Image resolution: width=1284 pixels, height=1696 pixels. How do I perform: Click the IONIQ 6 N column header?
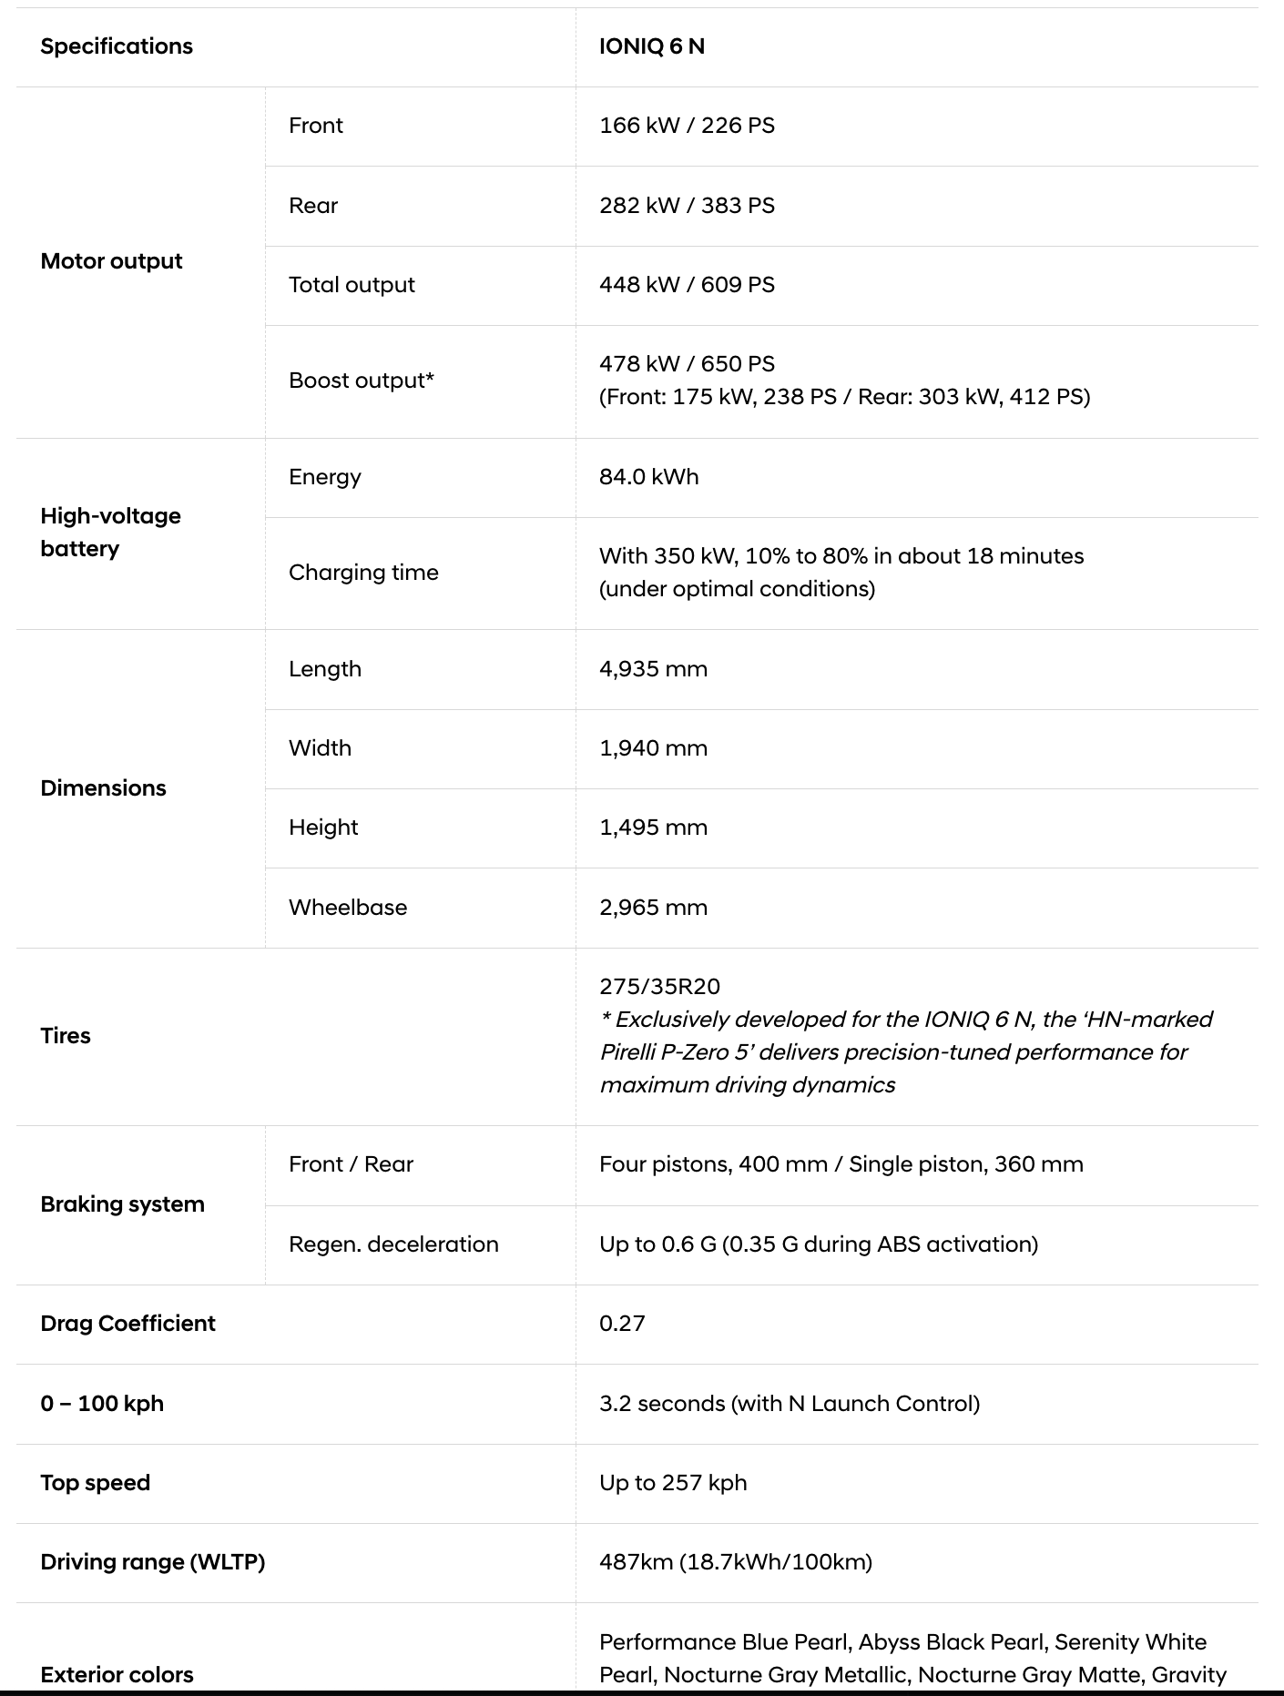pos(652,46)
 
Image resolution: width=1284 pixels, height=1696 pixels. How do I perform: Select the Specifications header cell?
pos(117,46)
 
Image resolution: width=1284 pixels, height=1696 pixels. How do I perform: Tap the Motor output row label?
pos(111,261)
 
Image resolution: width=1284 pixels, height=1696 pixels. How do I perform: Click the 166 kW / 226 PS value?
pos(687,126)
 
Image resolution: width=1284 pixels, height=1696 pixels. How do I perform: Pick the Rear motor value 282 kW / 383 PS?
pos(687,206)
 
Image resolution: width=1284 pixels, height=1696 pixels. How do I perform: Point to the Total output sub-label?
pos(352,285)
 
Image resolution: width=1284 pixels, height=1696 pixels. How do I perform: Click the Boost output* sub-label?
pos(362,381)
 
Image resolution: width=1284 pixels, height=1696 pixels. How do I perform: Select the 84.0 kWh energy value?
pos(648,477)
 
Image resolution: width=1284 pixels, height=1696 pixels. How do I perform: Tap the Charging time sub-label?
pos(363,573)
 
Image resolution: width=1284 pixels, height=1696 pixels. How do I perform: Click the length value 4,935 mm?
pos(653,669)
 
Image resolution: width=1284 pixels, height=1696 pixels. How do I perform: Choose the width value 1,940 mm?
pos(653,748)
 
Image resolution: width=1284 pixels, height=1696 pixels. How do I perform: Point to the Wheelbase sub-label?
pos(348,908)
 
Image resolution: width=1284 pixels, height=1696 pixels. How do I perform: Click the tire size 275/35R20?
pos(659,987)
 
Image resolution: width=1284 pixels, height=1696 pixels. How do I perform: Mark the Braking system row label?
pos(122,1204)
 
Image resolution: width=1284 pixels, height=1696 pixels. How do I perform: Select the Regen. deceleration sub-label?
pos(393,1244)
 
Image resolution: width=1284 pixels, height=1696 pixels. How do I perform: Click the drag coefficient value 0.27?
pos(622,1324)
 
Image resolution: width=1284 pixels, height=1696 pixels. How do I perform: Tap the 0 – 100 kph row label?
pos(102,1404)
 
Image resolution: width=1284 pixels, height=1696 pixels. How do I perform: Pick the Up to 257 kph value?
pos(673,1483)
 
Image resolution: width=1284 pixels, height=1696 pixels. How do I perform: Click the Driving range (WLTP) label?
pos(152,1562)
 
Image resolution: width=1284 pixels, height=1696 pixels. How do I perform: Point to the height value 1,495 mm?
pos(653,828)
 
